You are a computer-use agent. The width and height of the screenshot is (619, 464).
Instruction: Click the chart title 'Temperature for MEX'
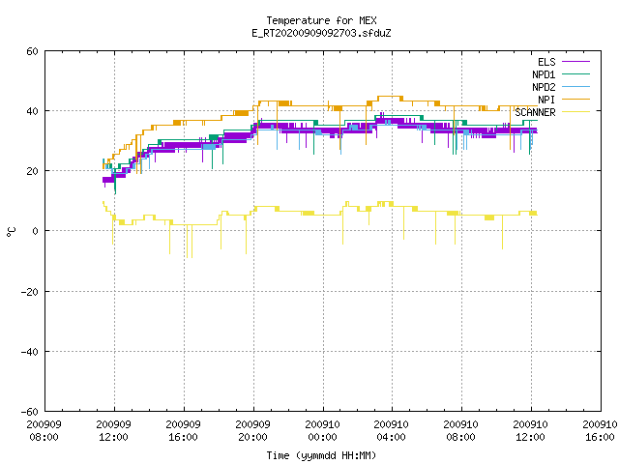tap(321, 20)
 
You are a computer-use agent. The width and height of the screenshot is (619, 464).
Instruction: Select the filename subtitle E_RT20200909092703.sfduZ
tap(321, 33)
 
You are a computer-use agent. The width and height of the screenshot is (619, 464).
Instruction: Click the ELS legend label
tap(546, 62)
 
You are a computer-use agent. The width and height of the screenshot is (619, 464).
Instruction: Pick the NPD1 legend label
tap(544, 74)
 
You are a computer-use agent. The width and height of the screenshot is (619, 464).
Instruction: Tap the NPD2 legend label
tap(544, 87)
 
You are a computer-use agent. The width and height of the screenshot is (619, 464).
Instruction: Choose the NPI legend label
tap(546, 100)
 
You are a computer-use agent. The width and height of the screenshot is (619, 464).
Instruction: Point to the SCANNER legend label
tap(535, 112)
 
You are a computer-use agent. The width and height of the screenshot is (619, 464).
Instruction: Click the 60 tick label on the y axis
tap(32, 51)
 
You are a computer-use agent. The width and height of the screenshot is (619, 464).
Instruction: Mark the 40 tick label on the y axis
tap(32, 111)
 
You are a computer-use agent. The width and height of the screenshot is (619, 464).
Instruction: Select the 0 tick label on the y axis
tap(35, 231)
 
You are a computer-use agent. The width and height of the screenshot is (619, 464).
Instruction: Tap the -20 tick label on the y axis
tap(30, 292)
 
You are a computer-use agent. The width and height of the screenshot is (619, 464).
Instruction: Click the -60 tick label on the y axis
tap(30, 412)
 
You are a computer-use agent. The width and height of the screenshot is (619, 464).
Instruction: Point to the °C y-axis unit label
tap(12, 232)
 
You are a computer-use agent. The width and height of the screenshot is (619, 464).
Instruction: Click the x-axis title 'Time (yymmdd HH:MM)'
tap(321, 455)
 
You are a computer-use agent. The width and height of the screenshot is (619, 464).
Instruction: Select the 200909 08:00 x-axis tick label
tap(44, 431)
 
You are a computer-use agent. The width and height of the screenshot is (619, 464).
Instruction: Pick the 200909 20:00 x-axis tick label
tap(252, 431)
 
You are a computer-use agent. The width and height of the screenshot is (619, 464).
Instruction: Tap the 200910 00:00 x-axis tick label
tap(322, 431)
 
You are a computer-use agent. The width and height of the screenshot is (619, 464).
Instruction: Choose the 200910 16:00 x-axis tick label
tap(600, 431)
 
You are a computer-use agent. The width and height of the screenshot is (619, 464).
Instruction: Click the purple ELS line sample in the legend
tap(575, 62)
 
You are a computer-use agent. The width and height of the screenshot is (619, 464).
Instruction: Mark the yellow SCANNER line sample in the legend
tap(575, 112)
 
